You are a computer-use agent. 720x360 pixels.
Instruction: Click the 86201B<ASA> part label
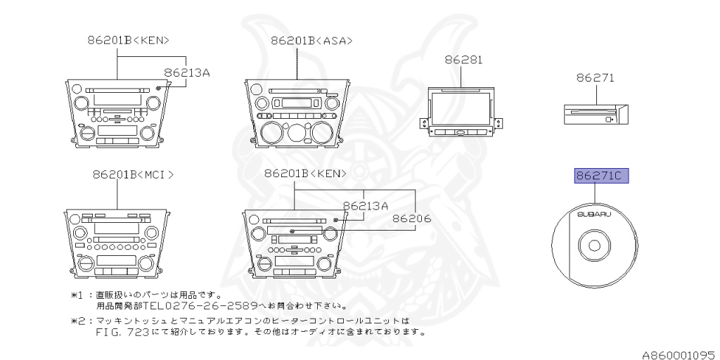coord(311,40)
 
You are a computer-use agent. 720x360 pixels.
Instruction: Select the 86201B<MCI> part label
coord(132,174)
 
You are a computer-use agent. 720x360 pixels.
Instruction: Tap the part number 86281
coord(463,60)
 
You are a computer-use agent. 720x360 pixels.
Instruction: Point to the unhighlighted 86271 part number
coord(595,78)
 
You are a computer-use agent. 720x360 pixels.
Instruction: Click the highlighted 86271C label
coord(598,176)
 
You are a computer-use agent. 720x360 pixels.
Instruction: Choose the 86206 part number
coord(411,219)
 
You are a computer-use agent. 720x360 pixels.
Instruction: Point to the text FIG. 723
coord(126,331)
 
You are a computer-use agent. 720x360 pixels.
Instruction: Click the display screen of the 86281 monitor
coord(461,108)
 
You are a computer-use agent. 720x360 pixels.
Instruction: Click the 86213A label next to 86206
coord(366,206)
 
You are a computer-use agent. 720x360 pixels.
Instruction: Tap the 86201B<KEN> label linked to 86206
coord(305,174)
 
